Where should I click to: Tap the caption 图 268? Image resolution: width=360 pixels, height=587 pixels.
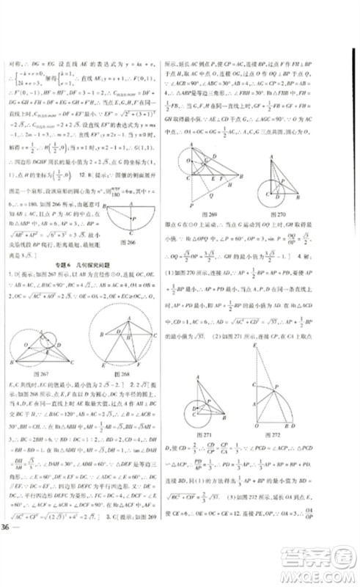tap(128, 373)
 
